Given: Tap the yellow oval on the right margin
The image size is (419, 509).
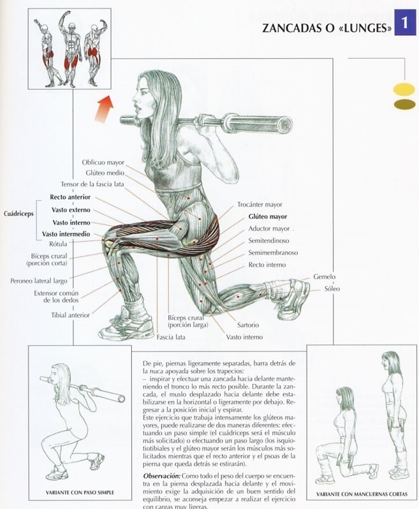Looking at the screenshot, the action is click(404, 89).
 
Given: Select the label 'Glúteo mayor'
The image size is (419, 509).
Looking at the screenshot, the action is click(268, 217).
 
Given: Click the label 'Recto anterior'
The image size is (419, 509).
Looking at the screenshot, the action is click(70, 197).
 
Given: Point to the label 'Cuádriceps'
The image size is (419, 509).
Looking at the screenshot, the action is click(18, 214).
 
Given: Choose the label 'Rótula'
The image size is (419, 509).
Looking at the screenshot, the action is click(77, 244).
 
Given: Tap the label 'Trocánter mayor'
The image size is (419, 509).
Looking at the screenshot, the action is click(260, 205).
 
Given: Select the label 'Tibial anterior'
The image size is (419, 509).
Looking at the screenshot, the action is click(71, 314).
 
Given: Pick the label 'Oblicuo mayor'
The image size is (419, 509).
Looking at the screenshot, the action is click(103, 163).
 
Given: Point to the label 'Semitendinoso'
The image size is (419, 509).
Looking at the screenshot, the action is click(268, 240).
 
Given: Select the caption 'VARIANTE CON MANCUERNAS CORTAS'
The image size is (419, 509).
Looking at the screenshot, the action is click(362, 494).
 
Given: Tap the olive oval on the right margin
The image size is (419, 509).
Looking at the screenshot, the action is click(404, 104).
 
